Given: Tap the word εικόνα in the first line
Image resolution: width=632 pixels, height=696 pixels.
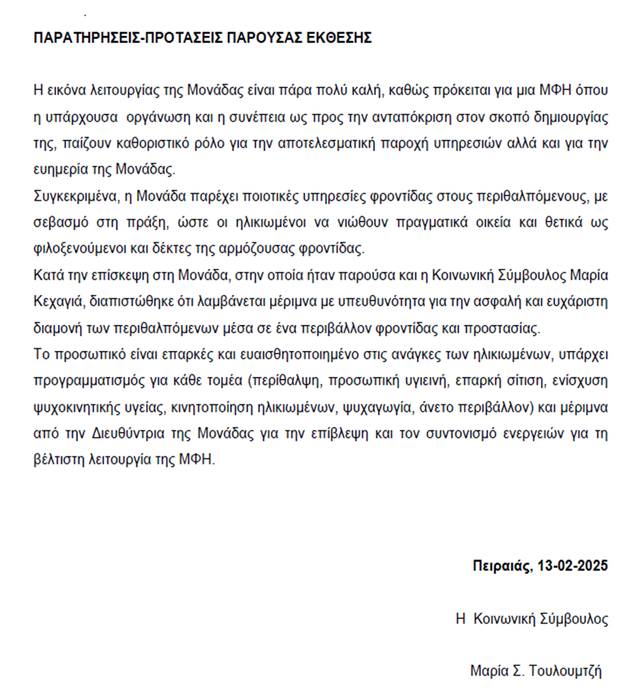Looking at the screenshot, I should click(70, 89).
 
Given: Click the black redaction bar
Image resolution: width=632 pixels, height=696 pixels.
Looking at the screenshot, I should click(316, 506).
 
